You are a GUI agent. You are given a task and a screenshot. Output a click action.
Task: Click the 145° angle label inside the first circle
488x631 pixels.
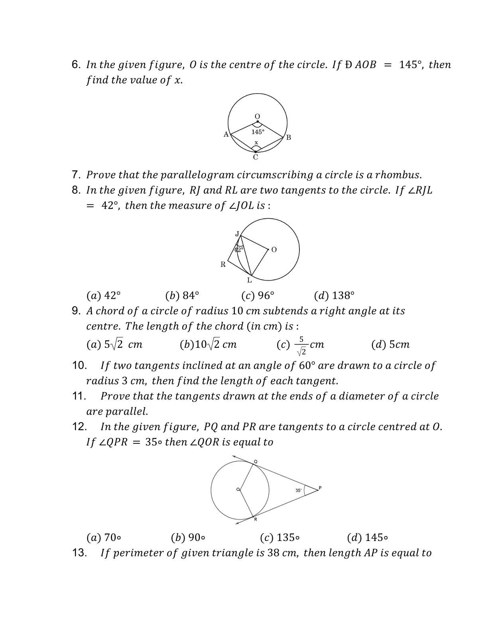pyautogui.click(x=258, y=132)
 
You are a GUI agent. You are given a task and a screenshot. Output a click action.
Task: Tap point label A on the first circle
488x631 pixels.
pyautogui.click(x=226, y=134)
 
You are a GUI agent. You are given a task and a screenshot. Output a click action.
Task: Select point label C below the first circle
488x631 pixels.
pyautogui.click(x=256, y=157)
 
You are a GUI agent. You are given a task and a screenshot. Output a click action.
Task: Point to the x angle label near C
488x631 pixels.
pyautogui.click(x=256, y=142)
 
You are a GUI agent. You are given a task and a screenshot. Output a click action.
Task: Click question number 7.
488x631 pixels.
pyautogui.click(x=77, y=175)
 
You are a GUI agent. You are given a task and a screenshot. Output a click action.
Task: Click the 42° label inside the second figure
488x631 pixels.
pyautogui.click(x=238, y=250)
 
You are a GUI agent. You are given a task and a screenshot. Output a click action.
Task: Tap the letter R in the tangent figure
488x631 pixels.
pyautogui.click(x=223, y=264)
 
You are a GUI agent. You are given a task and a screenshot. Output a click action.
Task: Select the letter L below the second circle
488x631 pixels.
pyautogui.click(x=250, y=280)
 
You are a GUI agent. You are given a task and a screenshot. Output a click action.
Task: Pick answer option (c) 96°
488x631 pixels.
pyautogui.click(x=258, y=296)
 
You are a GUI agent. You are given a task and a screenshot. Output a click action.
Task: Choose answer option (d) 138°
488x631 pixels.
pyautogui.click(x=334, y=296)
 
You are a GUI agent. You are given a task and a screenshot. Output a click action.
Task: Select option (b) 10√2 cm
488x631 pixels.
pyautogui.click(x=208, y=345)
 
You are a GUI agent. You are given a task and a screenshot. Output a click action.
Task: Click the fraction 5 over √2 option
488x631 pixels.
pyautogui.click(x=301, y=345)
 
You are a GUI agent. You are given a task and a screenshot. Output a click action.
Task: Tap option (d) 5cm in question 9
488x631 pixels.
pyautogui.click(x=390, y=345)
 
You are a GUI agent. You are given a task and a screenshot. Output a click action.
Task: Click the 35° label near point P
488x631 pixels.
pyautogui.click(x=298, y=490)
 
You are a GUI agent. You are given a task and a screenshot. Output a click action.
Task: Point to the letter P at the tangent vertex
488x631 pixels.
pyautogui.click(x=320, y=488)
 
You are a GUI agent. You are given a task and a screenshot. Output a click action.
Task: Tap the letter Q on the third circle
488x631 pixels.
pyautogui.click(x=256, y=461)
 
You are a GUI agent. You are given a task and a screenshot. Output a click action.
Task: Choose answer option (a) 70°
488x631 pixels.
pyautogui.click(x=104, y=538)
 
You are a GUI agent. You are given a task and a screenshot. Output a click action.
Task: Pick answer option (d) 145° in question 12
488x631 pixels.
pyautogui.click(x=367, y=538)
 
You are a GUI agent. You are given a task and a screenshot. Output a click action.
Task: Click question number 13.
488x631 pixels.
pyautogui.click(x=79, y=553)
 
